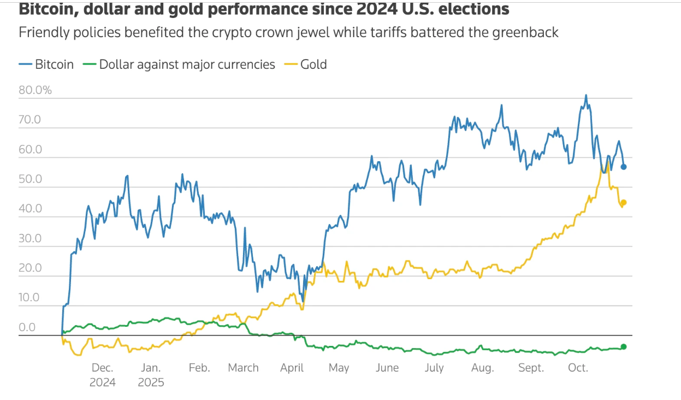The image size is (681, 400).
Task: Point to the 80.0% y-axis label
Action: tap(35, 90)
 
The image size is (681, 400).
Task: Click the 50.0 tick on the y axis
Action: tap(30, 179)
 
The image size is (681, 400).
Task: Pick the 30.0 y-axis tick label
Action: tap(30, 238)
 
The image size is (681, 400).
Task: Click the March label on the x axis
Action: tap(243, 368)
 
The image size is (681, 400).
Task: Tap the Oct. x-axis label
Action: tap(578, 368)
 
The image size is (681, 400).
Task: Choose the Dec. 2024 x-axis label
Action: tap(103, 374)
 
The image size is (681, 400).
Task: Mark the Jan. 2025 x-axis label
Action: tap(151, 374)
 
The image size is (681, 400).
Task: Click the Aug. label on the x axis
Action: tap(482, 368)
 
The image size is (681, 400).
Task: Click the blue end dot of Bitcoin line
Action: tap(624, 167)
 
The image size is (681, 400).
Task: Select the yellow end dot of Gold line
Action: tap(624, 203)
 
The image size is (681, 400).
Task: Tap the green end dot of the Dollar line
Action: tap(624, 346)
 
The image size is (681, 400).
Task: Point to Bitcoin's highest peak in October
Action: tap(586, 95)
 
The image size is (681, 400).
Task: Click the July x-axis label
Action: tap(434, 368)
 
